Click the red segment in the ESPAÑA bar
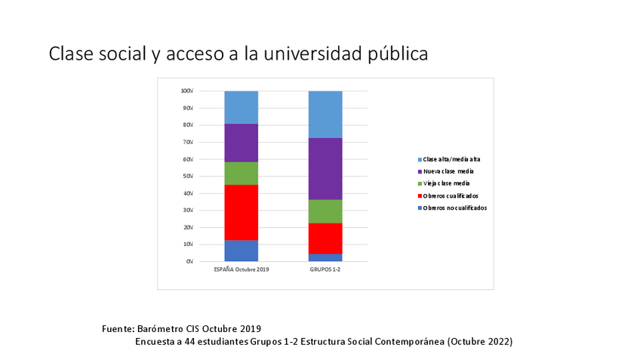pos(241,212)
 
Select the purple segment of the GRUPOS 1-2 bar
pos(325,169)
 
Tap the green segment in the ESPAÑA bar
pos(241,174)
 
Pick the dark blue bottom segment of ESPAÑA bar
pos(241,251)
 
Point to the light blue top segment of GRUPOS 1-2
pos(325,115)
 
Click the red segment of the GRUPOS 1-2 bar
pos(325,238)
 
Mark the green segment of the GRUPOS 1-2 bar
pos(325,211)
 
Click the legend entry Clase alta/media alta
pos(451,159)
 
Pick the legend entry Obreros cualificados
pos(451,195)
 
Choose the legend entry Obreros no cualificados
pos(454,208)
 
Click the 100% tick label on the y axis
pos(186,91)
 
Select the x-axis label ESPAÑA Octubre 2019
pos(242,269)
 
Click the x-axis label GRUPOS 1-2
pos(325,269)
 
